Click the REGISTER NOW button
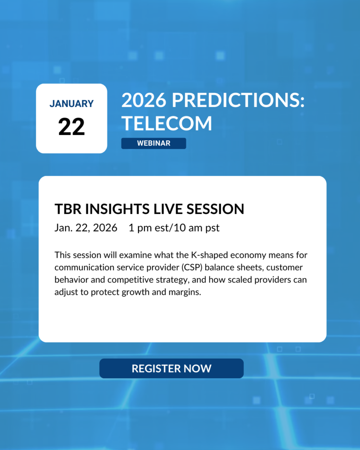(171, 368)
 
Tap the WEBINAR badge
(154, 143)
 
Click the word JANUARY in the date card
(72, 104)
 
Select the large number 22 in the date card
(72, 127)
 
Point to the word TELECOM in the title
(166, 123)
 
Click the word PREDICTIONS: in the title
(238, 100)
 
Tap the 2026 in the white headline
(144, 100)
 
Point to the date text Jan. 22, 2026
(86, 228)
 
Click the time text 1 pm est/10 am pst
(174, 228)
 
